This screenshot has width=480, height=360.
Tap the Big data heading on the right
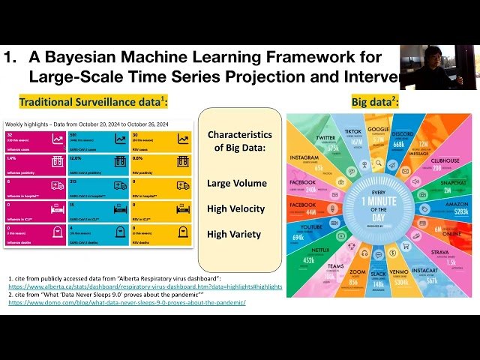pyautogui.click(x=374, y=101)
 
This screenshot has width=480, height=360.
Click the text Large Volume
pyautogui.click(x=236, y=183)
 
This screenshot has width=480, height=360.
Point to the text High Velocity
pyautogui.click(x=236, y=208)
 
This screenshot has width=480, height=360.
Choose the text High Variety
pyautogui.click(x=234, y=234)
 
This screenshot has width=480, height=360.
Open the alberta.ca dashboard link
pyautogui.click(x=145, y=286)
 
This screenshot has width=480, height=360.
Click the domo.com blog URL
pyautogui.click(x=127, y=302)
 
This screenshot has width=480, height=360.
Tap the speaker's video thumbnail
pyautogui.click(x=439, y=67)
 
